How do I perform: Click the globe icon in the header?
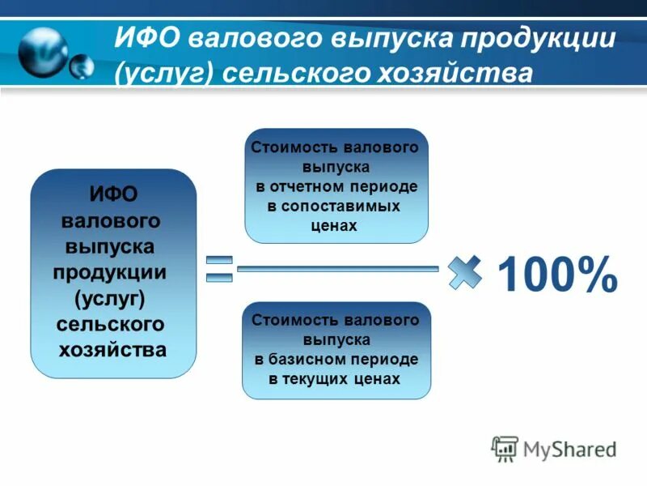(44, 52)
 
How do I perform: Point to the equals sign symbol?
(218, 269)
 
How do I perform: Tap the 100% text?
(557, 275)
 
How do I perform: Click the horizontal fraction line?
(338, 267)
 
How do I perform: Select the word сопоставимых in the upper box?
(341, 207)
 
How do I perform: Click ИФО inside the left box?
(113, 195)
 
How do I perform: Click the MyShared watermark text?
(569, 449)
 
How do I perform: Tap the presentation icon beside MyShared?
(505, 449)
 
